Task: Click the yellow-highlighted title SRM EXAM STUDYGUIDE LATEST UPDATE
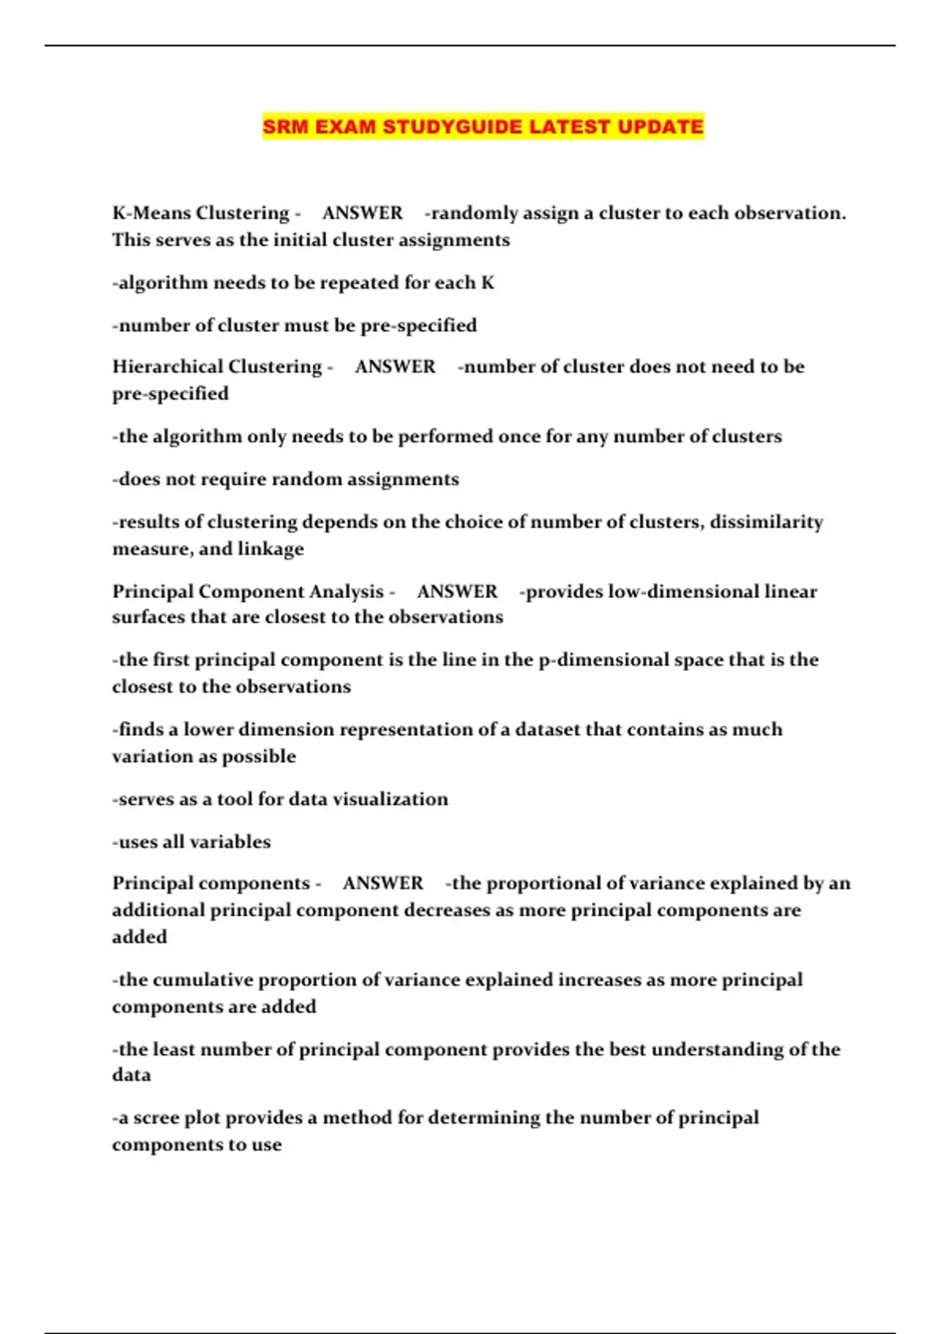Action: coord(483,126)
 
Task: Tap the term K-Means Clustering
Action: coord(201,213)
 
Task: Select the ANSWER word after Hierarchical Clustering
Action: coord(394,366)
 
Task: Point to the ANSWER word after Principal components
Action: coord(383,883)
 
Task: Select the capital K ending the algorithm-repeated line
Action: coord(488,282)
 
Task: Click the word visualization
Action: coord(390,799)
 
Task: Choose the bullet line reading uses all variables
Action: coord(191,841)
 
